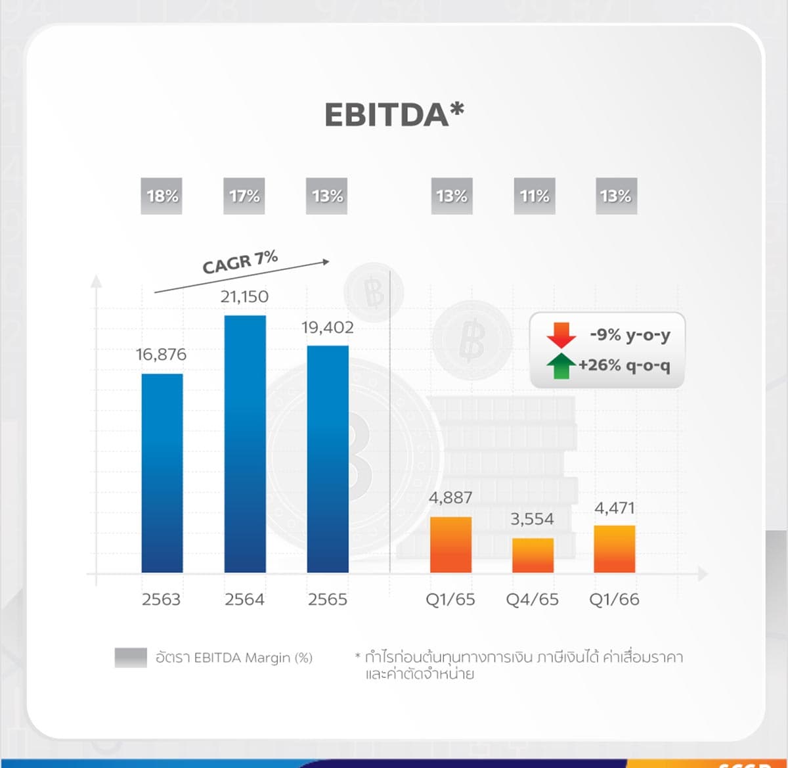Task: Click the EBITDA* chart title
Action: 394,114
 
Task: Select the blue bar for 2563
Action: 162,473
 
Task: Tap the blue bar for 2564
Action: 245,444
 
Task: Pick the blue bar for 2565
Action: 328,459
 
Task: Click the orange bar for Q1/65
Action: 450,545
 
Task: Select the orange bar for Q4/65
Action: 533,555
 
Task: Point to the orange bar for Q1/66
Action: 614,549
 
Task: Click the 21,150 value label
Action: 244,296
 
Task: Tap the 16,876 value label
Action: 161,354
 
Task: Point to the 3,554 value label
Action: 532,519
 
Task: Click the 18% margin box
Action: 162,196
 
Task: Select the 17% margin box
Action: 244,196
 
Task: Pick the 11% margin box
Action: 535,196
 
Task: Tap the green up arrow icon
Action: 561,366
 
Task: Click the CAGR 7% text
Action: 240,262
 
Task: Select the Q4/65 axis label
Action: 532,600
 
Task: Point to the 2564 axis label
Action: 244,600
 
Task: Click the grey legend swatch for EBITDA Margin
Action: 131,658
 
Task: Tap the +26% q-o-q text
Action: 624,366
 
